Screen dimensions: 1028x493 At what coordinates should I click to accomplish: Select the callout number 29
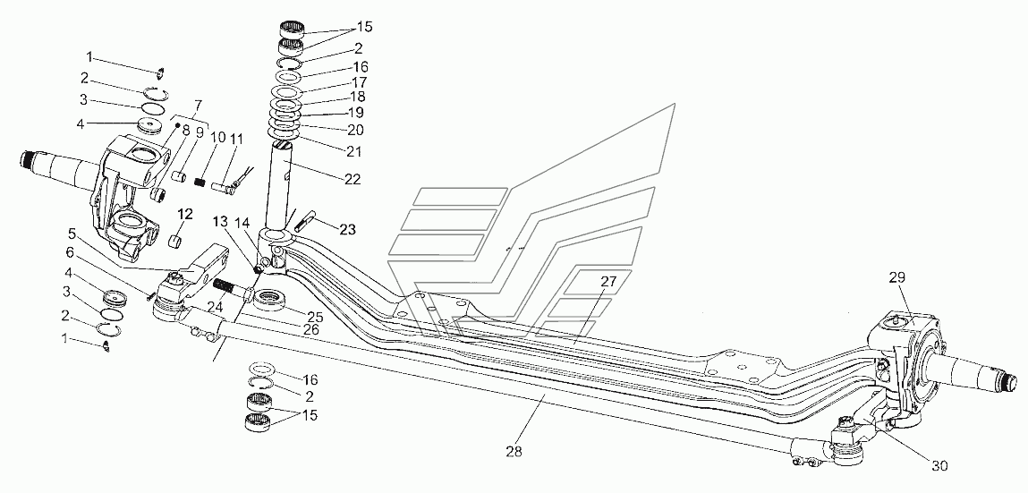[897, 278]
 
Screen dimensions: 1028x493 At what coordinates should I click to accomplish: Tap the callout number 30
[939, 466]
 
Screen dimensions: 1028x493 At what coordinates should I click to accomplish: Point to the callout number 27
[608, 282]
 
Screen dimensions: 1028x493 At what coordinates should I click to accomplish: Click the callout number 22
[353, 180]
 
